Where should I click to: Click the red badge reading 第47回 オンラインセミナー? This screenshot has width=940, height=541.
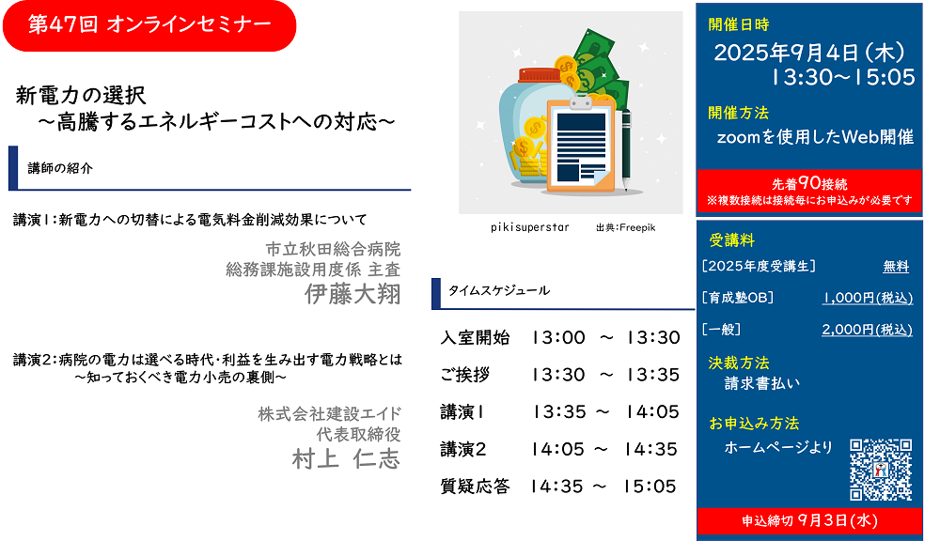point(149,25)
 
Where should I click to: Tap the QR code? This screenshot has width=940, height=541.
point(881,469)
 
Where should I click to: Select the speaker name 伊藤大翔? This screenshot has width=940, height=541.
point(352,294)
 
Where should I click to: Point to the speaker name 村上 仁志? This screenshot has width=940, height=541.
point(346,459)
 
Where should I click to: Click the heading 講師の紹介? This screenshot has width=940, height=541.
point(60,168)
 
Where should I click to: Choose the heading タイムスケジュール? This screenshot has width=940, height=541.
point(499,290)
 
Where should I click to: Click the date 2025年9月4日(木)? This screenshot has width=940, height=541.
point(809,53)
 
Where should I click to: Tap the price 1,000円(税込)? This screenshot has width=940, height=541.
point(868,298)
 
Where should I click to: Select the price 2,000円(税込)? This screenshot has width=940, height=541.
point(867,330)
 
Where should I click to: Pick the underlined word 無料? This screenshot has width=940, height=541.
point(896,266)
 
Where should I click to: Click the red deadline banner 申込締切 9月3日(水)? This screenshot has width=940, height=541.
point(809,520)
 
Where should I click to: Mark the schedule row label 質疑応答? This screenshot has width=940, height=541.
point(475,486)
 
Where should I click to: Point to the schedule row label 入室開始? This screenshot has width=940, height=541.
point(475,337)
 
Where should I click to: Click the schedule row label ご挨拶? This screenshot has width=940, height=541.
point(465,375)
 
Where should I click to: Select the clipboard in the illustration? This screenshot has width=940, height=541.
point(581,146)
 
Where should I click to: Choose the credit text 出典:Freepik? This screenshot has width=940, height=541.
point(625,227)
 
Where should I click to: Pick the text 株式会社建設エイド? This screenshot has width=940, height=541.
point(329,413)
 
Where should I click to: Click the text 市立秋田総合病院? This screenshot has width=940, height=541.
point(333,249)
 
